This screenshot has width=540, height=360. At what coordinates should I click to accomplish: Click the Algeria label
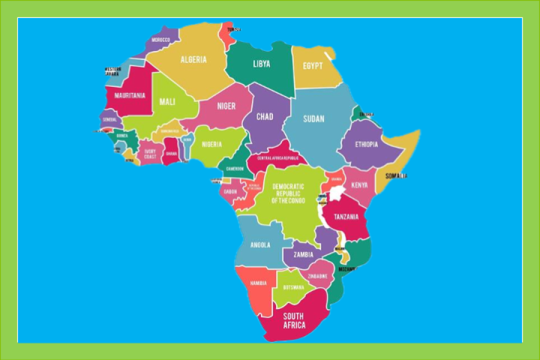click(193, 59)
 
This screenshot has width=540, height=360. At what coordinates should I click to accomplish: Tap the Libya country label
click(262, 64)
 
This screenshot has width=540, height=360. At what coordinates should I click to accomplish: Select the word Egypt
click(313, 66)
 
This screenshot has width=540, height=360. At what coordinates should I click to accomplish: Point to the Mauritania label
click(130, 95)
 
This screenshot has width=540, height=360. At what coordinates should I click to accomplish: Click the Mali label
click(167, 101)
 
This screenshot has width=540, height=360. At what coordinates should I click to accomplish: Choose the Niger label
click(226, 106)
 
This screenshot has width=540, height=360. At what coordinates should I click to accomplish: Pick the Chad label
click(265, 116)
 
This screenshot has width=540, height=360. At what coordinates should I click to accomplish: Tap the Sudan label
click(313, 119)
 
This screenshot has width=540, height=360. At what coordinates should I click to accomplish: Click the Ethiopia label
click(367, 145)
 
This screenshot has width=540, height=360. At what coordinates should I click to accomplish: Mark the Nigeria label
click(212, 145)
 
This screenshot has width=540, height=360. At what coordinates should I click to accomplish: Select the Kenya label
click(360, 185)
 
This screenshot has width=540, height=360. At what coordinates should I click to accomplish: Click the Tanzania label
click(346, 217)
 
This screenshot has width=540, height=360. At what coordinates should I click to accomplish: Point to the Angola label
click(260, 245)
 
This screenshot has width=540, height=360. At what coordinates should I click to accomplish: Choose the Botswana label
click(294, 287)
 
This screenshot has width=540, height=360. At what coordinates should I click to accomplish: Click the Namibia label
click(259, 283)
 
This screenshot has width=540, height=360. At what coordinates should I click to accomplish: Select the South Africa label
click(294, 320)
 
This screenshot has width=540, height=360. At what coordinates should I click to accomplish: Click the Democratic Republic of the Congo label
click(288, 193)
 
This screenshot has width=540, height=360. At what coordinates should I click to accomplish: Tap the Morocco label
click(161, 40)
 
